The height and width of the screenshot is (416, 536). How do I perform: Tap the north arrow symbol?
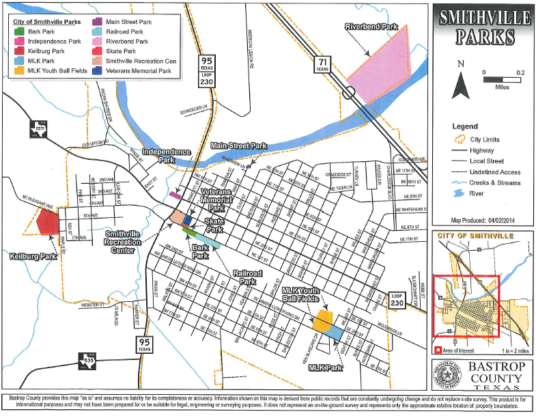coord(462,83)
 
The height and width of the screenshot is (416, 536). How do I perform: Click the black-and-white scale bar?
coord(502,79)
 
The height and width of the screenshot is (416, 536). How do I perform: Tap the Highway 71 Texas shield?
coord(322,66)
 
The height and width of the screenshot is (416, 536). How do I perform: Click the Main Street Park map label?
coord(239,145)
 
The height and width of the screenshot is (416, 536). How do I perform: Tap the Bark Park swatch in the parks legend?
coord(20,31)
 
